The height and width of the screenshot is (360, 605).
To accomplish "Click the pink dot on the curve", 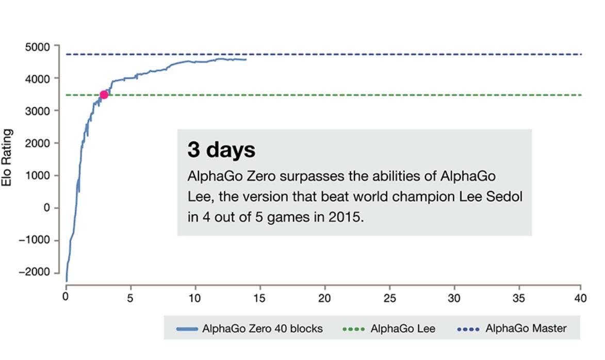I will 104,94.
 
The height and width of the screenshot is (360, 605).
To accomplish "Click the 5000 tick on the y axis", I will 37,47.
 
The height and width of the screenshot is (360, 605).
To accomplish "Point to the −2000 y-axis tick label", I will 35,272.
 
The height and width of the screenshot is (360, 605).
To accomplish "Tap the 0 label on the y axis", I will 47,207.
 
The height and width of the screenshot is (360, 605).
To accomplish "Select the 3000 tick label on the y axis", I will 37,111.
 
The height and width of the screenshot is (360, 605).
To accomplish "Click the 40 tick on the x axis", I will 580,298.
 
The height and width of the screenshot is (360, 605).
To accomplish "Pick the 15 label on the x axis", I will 259,298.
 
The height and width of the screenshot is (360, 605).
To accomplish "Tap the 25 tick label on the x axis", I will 389,298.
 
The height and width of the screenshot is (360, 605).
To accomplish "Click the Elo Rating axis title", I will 7,158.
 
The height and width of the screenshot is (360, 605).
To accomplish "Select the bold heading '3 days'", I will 221,150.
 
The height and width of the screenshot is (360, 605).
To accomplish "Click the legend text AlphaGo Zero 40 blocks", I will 262,329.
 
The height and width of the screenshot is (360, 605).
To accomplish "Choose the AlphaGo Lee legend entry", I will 402,329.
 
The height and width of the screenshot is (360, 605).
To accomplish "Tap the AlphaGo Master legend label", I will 526,329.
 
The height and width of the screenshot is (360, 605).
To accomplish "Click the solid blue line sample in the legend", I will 187,329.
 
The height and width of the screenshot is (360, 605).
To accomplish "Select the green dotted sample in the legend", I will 353,329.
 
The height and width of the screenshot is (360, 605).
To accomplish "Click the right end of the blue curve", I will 246,60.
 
